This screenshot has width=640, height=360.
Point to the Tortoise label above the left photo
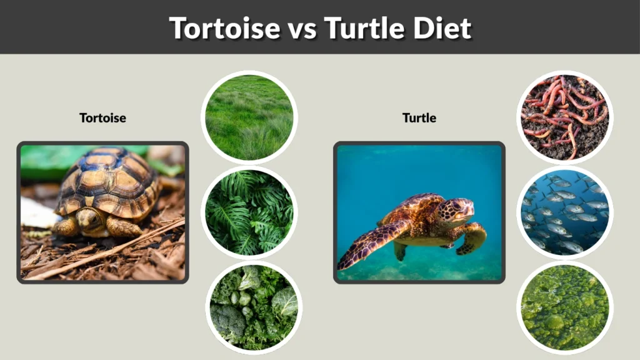click(x=102, y=117)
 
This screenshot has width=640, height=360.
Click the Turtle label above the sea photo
click(x=419, y=117)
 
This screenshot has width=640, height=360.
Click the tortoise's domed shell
click(x=110, y=181)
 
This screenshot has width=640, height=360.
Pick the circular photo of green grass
click(x=249, y=117)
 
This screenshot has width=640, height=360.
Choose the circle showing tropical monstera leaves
click(x=249, y=212)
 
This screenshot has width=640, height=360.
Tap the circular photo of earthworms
click(x=565, y=117)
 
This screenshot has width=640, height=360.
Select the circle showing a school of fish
click(x=565, y=212)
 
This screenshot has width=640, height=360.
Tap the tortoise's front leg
click(x=122, y=227)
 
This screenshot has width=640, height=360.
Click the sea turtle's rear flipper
click(x=400, y=250)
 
